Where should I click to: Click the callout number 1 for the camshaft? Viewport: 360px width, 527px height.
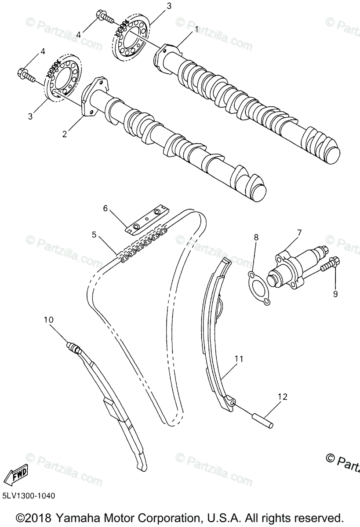click(196, 29)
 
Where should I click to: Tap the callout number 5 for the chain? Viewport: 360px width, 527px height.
click(94, 235)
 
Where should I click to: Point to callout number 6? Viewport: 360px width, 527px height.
click(105, 208)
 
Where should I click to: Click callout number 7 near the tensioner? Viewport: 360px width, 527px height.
click(299, 232)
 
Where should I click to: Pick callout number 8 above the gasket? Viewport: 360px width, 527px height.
click(256, 237)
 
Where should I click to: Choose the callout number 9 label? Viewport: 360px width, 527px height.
click(335, 294)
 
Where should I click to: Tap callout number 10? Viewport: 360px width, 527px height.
click(48, 320)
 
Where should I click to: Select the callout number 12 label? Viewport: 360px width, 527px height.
click(282, 397)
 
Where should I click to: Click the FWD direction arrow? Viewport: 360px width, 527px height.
click(16, 474)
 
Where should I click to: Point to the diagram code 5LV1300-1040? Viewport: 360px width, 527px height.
click(29, 496)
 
